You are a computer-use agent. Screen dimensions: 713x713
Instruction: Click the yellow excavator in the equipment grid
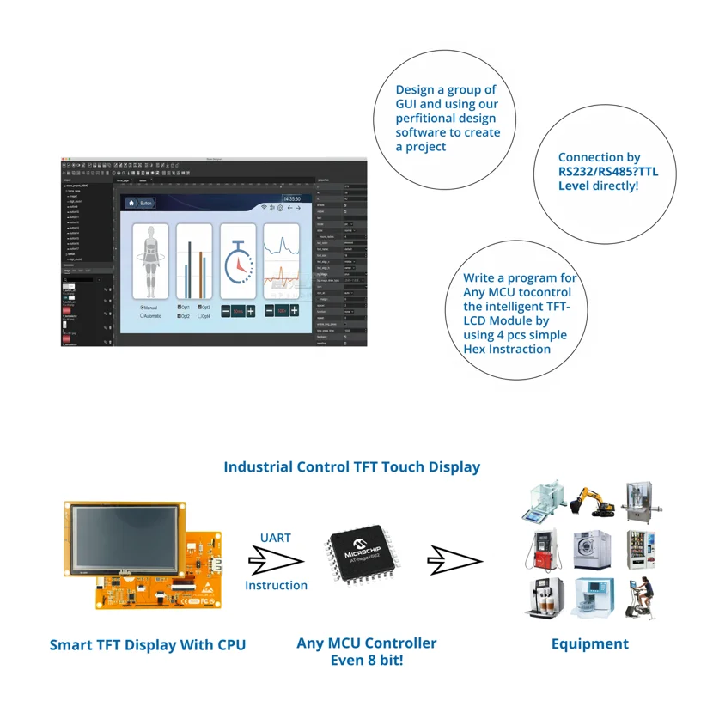[590, 502]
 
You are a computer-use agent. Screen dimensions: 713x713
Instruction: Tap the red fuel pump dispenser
[539, 550]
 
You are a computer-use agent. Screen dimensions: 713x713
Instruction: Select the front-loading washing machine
[591, 550]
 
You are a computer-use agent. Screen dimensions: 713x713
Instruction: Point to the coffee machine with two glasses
[542, 598]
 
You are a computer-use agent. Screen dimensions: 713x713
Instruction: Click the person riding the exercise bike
[641, 597]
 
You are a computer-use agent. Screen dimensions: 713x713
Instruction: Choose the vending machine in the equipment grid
[642, 550]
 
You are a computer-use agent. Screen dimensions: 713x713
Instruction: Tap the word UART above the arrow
[275, 538]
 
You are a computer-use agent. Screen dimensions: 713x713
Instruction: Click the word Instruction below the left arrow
[276, 585]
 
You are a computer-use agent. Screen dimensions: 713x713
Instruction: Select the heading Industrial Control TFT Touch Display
[351, 467]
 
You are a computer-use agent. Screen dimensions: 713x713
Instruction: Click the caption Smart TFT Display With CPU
[148, 645]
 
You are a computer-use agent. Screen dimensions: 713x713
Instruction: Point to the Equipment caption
[589, 643]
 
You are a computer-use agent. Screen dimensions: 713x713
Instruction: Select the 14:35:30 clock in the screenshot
[292, 198]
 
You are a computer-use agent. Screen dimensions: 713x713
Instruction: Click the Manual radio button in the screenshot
[143, 307]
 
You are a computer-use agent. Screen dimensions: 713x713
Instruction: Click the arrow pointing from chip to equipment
[455, 561]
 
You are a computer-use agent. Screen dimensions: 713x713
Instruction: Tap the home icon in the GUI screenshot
[131, 204]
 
